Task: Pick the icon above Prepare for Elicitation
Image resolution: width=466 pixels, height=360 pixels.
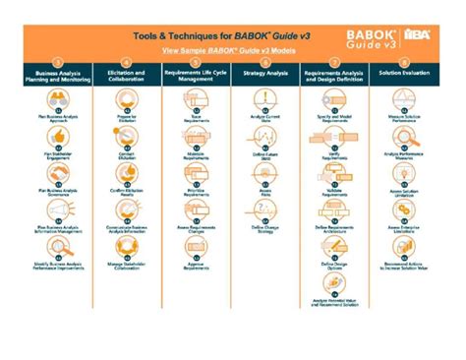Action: pyautogui.click(x=125, y=100)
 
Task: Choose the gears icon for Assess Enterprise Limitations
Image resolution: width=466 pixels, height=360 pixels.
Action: pyautogui.click(x=402, y=208)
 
